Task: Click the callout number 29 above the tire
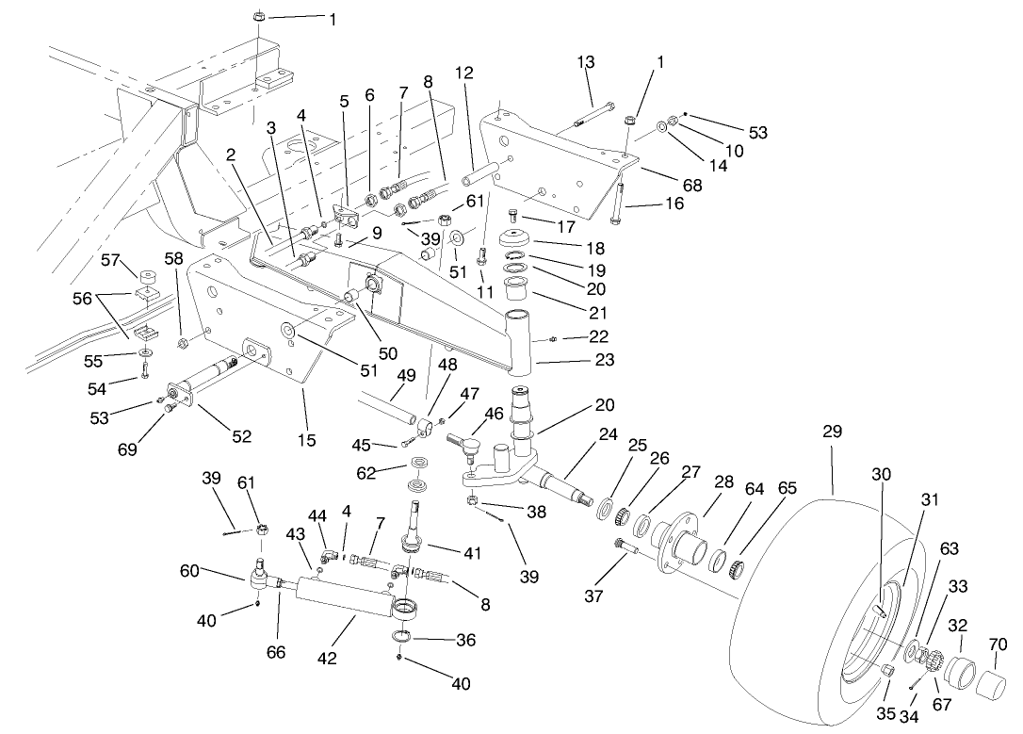(832, 432)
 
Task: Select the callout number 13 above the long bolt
(586, 62)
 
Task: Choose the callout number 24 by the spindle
(608, 435)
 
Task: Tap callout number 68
(692, 186)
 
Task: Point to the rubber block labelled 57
(147, 279)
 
